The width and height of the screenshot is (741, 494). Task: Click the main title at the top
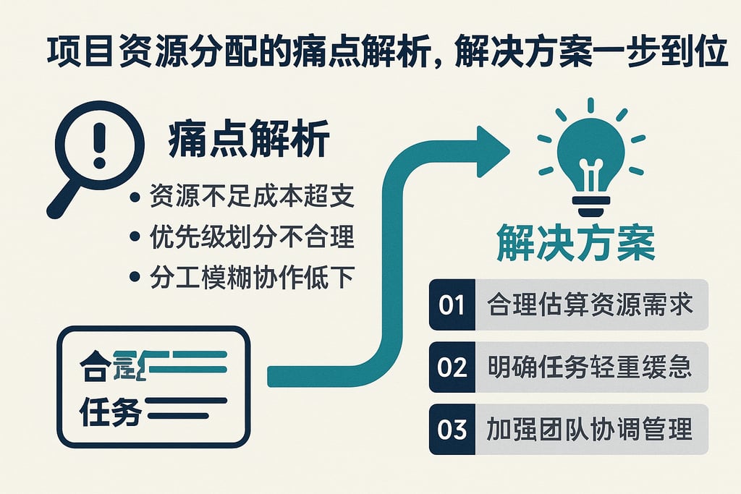(387, 54)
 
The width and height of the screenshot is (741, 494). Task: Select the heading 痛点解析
(247, 139)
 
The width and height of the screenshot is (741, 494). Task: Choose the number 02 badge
(452, 367)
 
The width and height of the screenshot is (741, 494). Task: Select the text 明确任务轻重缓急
(589, 367)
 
